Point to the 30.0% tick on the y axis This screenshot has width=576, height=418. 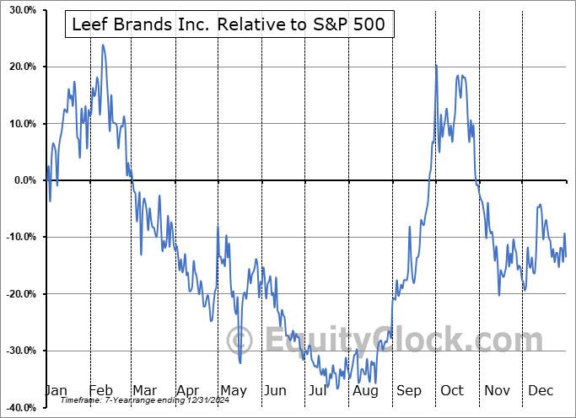tap(19, 10)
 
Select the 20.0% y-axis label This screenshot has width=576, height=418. tap(19, 67)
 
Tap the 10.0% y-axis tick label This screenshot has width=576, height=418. tap(19, 124)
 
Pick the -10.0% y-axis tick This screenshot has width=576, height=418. tap(18, 237)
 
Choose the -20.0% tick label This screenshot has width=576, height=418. tap(18, 294)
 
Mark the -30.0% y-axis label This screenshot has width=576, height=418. tap(18, 351)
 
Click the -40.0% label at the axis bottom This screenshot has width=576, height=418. tap(18, 407)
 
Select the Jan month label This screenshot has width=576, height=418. tap(57, 390)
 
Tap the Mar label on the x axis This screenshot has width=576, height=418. tap(143, 390)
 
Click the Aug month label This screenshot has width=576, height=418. tap(366, 390)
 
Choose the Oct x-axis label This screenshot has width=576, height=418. tap(454, 390)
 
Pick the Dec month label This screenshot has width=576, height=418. tap(541, 390)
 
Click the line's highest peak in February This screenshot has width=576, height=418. tap(103, 45)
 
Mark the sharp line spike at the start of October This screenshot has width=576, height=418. tap(436, 66)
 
